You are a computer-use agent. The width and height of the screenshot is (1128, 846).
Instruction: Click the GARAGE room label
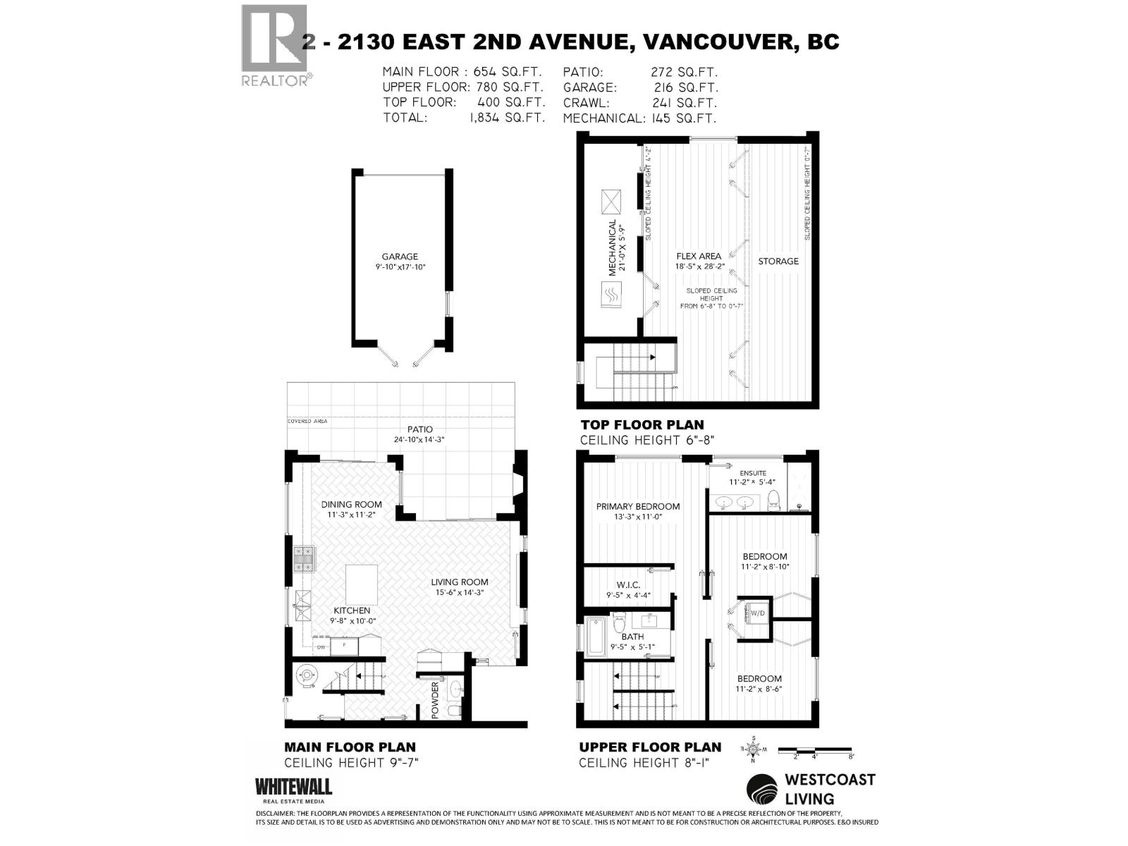pyautogui.click(x=400, y=257)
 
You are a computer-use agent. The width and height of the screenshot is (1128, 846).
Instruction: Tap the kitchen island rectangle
pyautogui.click(x=361, y=584)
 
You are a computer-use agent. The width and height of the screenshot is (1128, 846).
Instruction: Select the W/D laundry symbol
pyautogui.click(x=758, y=613)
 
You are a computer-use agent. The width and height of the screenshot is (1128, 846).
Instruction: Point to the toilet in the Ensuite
pyautogui.click(x=773, y=501)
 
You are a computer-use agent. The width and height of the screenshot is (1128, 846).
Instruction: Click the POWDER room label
pyautogui.click(x=435, y=700)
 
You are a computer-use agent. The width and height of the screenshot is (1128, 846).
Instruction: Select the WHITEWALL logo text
pyautogui.click(x=293, y=786)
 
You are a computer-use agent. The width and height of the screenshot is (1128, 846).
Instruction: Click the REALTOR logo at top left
pyautogui.click(x=275, y=46)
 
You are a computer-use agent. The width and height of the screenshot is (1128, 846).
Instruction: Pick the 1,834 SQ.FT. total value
pyautogui.click(x=507, y=118)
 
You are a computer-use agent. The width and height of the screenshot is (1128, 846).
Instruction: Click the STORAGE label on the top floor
pyautogui.click(x=778, y=261)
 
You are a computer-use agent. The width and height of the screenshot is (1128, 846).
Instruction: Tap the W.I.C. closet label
pyautogui.click(x=627, y=585)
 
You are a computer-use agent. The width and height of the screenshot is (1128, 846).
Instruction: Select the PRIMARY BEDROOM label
pyautogui.click(x=638, y=506)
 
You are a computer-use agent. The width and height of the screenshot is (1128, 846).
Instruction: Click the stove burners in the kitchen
pyautogui.click(x=304, y=558)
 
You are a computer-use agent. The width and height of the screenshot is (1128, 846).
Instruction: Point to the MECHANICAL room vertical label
pyautogui.click(x=613, y=246)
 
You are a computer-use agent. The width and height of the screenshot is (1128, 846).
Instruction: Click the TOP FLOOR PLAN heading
pyautogui.click(x=642, y=424)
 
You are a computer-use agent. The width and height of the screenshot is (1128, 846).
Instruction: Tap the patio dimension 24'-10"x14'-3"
pyautogui.click(x=419, y=439)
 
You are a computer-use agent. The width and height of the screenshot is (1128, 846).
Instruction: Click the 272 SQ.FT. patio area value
pyautogui.click(x=683, y=72)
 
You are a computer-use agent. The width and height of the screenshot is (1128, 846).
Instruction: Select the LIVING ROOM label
pyautogui.click(x=460, y=582)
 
